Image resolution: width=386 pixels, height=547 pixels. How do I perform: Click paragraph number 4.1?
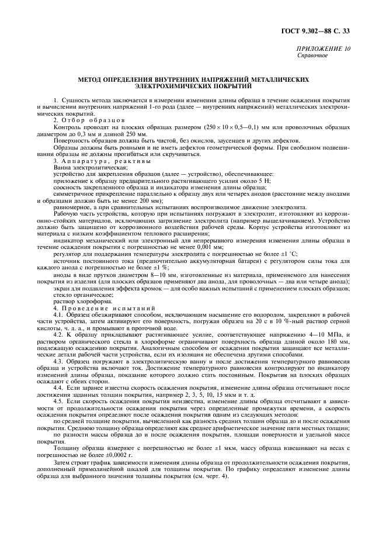[58, 314]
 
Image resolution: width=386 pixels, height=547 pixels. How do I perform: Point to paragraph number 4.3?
[58, 362]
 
